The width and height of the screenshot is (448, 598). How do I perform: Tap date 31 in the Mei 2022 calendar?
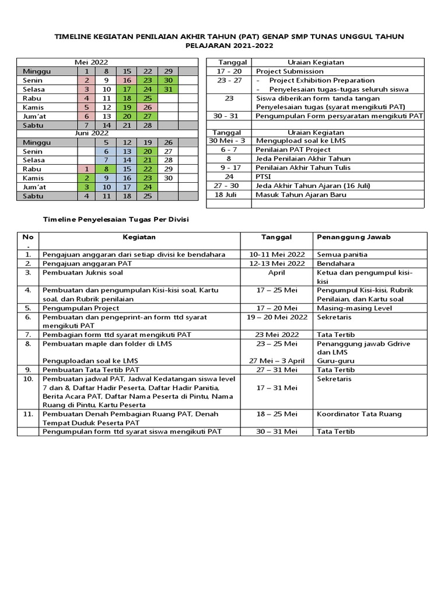[168, 89]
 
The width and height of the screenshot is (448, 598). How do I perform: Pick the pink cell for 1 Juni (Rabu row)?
[86, 169]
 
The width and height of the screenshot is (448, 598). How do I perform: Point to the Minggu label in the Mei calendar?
[36, 71]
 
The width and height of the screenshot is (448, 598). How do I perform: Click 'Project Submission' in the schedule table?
[289, 71]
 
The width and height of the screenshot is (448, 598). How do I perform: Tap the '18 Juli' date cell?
[229, 195]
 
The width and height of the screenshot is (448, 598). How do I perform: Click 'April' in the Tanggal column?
[276, 273]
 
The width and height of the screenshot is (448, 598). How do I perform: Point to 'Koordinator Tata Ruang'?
[359, 414]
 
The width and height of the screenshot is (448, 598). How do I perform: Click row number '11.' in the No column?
[28, 414]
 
